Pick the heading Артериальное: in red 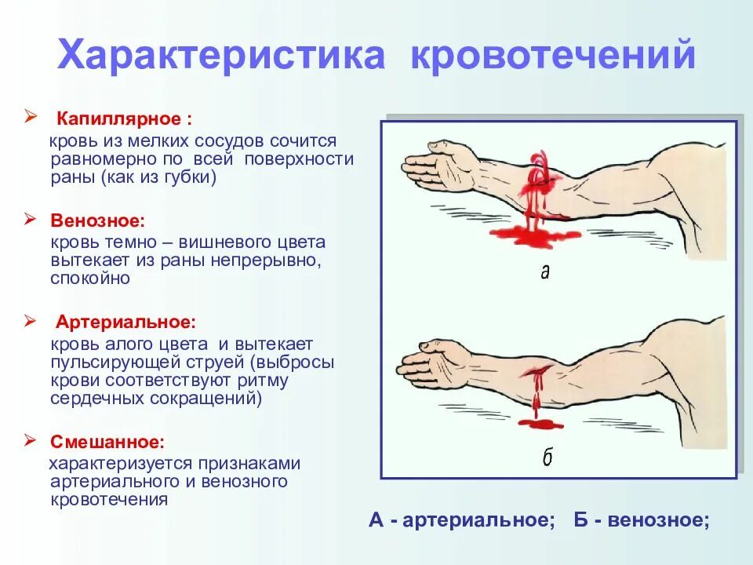[125, 323]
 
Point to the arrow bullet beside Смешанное [31, 439]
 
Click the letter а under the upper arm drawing [544, 272]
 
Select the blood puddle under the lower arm [539, 424]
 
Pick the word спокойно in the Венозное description [90, 278]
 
